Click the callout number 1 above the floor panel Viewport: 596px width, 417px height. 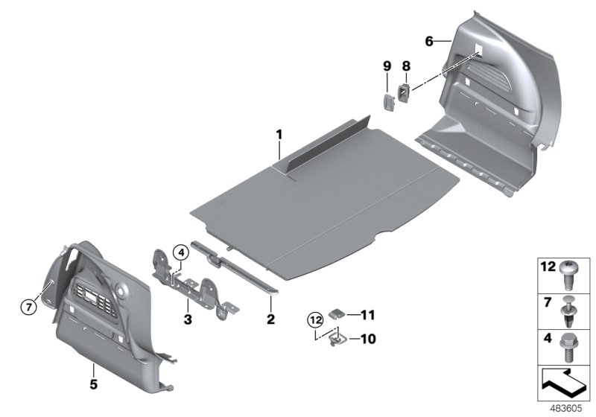(279, 135)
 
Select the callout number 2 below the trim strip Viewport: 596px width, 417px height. (270, 320)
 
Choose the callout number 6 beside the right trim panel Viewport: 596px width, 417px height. (429, 42)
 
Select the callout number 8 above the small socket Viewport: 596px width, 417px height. (406, 66)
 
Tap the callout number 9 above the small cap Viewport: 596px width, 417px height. (387, 66)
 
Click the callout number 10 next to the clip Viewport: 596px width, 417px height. (367, 339)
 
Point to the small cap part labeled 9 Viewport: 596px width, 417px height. (387, 101)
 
